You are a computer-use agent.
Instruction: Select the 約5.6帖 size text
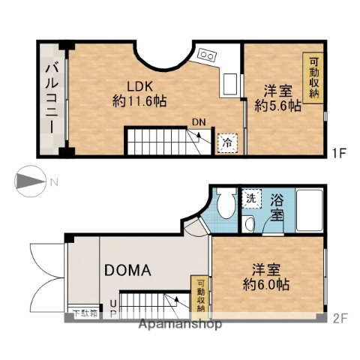click(277, 106)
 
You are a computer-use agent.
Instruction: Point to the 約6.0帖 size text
click(268, 286)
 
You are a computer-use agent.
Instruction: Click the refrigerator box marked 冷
click(226, 142)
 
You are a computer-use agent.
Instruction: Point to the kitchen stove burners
click(208, 55)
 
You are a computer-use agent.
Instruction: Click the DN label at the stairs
click(199, 122)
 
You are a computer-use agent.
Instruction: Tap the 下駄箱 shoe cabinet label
click(85, 314)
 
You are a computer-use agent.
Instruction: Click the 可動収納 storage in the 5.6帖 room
click(313, 76)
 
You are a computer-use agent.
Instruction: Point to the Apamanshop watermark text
click(180, 325)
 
